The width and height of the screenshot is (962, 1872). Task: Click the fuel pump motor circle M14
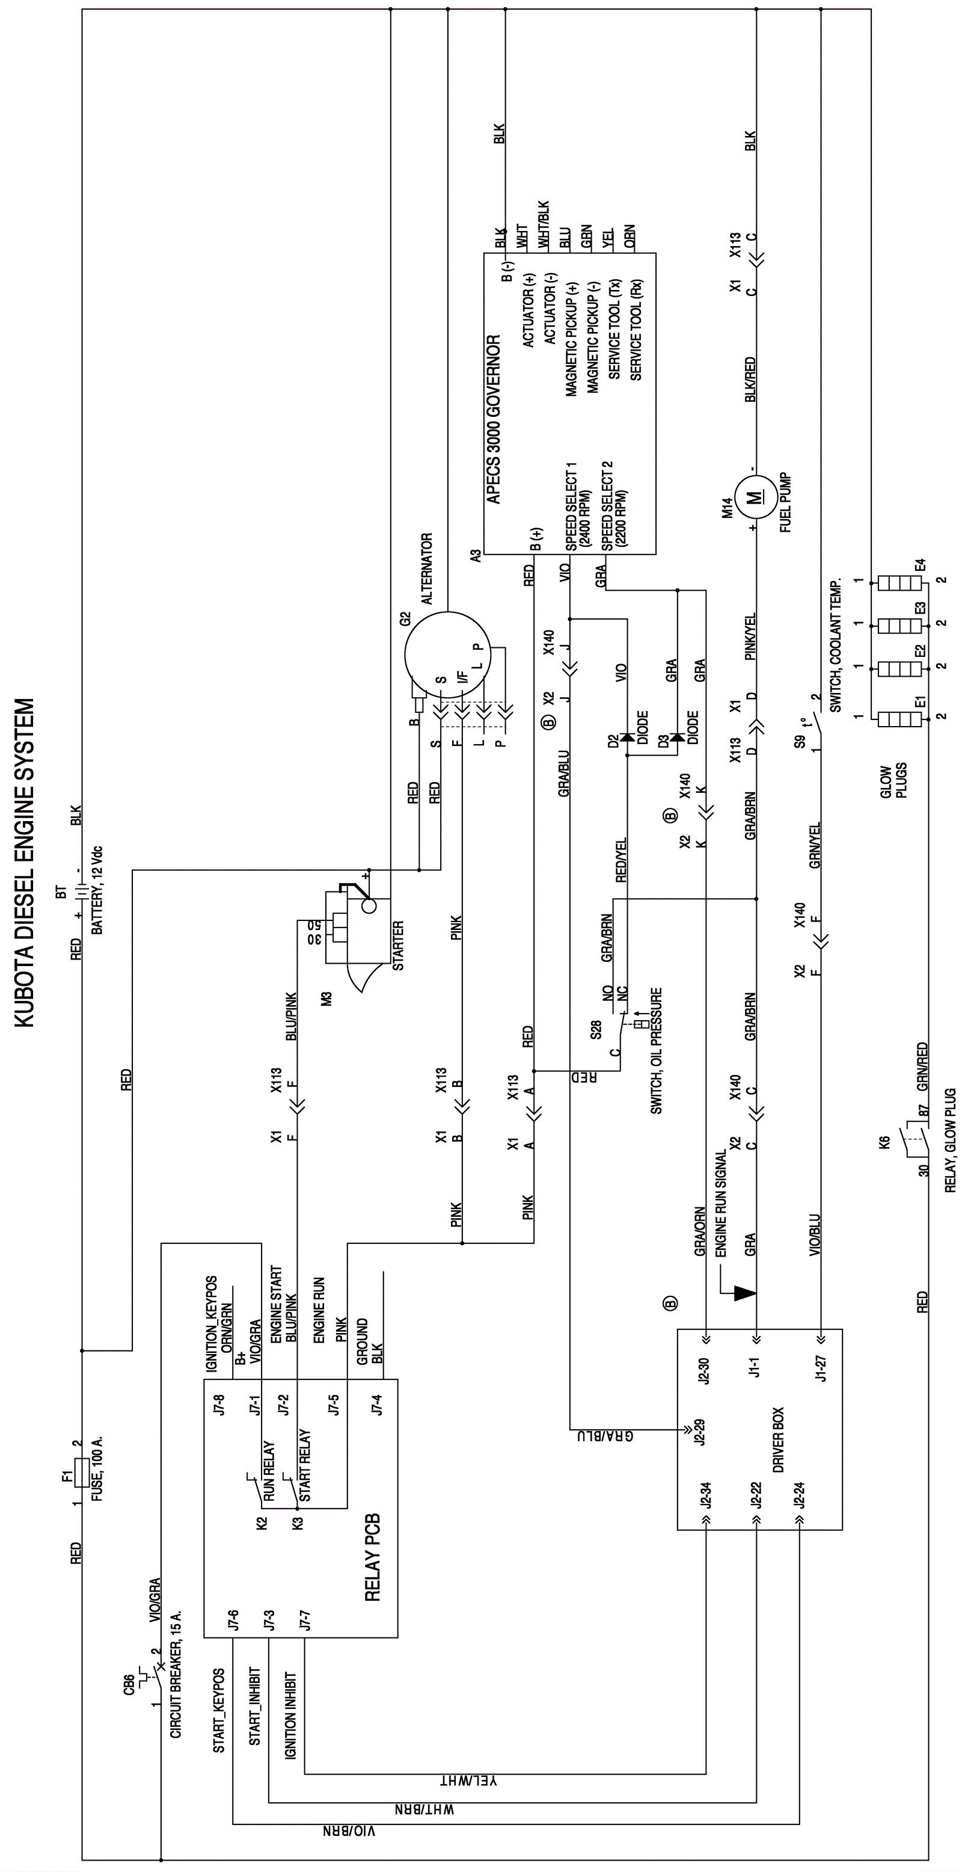(x=756, y=498)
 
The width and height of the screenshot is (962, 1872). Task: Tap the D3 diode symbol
(x=677, y=737)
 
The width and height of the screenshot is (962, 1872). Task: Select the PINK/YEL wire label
(x=750, y=637)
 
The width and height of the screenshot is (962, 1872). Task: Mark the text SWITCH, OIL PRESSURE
(x=656, y=1050)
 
